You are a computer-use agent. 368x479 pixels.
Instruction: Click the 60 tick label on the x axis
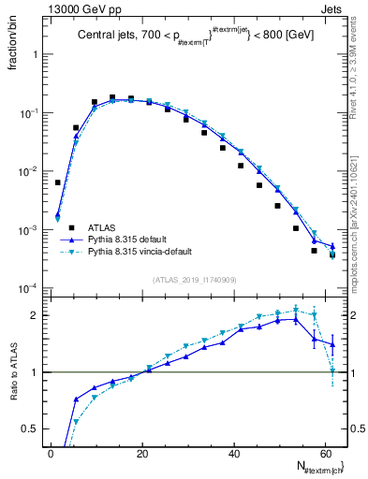coord(324,453)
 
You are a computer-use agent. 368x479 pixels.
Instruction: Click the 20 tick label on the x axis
coord(141,453)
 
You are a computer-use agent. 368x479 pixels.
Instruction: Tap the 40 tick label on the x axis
coord(232,453)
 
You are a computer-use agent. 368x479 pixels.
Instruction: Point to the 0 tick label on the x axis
coord(51,453)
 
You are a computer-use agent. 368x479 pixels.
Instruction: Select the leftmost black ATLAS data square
coord(57,182)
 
